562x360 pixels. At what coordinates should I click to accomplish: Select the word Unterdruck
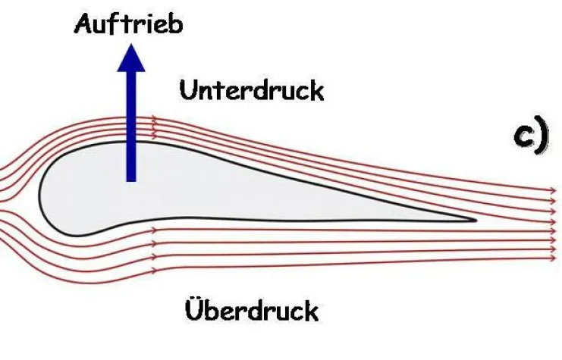pos(251,90)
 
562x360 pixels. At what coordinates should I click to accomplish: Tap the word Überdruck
pos(251,308)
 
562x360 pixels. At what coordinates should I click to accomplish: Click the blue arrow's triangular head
pos(131,57)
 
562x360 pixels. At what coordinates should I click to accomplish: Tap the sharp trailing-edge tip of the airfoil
pos(475,221)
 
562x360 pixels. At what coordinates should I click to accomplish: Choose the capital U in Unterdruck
pos(187,90)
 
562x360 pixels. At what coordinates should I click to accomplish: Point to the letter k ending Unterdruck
pos(316,90)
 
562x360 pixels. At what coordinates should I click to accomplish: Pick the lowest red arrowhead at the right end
pos(552,258)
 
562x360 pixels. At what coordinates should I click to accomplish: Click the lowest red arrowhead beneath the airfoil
pos(154,270)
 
